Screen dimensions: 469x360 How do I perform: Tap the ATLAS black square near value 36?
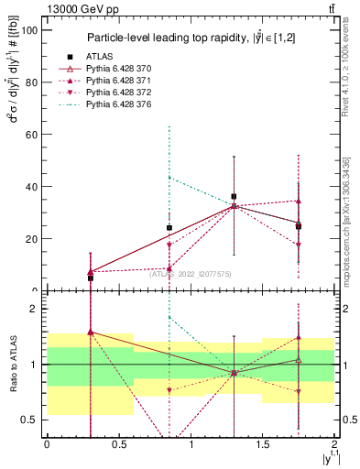point(235,196)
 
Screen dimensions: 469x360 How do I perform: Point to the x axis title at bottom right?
point(327,457)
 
